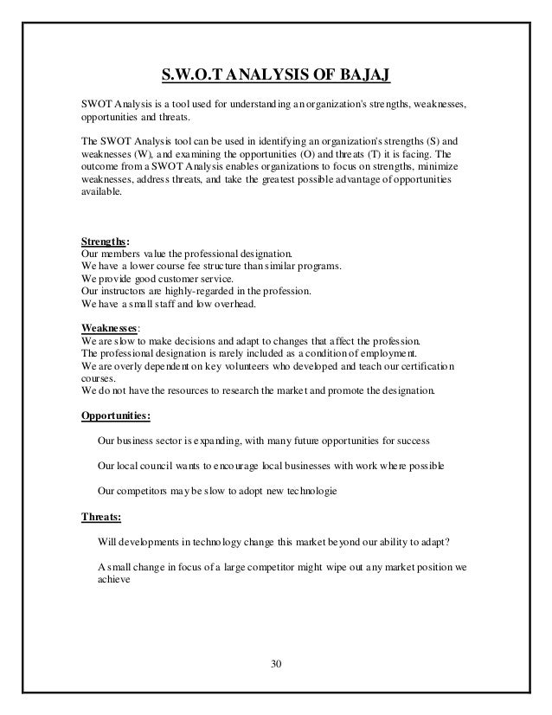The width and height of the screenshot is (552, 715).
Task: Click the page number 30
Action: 275,664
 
